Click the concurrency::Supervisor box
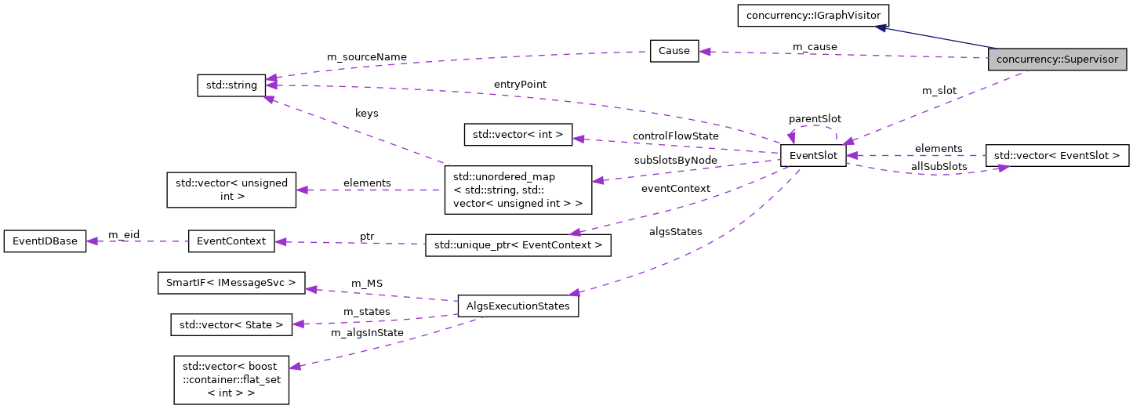pyautogui.click(x=1057, y=60)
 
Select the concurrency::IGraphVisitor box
pyautogui.click(x=812, y=15)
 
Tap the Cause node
pyautogui.click(x=674, y=51)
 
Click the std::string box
pyautogui.click(x=231, y=85)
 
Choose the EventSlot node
pyautogui.click(x=812, y=156)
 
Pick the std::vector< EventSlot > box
pyautogui.click(x=1056, y=156)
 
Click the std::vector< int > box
pyautogui.click(x=518, y=134)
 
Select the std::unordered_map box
pyautogui.click(x=517, y=189)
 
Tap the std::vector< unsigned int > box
pyautogui.click(x=231, y=190)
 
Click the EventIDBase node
pyautogui.click(x=45, y=241)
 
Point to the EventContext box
pyautogui.click(x=231, y=241)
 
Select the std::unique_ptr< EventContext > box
pyautogui.click(x=517, y=245)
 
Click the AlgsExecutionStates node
pyautogui.click(x=518, y=306)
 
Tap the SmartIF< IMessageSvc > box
pyautogui.click(x=231, y=282)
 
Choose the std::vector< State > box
pyautogui.click(x=231, y=324)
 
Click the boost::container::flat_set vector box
pyautogui.click(x=231, y=379)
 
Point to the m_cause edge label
pyautogui.click(x=815, y=47)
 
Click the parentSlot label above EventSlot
pyautogui.click(x=815, y=118)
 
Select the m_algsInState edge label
pyautogui.click(x=367, y=332)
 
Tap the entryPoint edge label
pyautogui.click(x=520, y=84)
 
